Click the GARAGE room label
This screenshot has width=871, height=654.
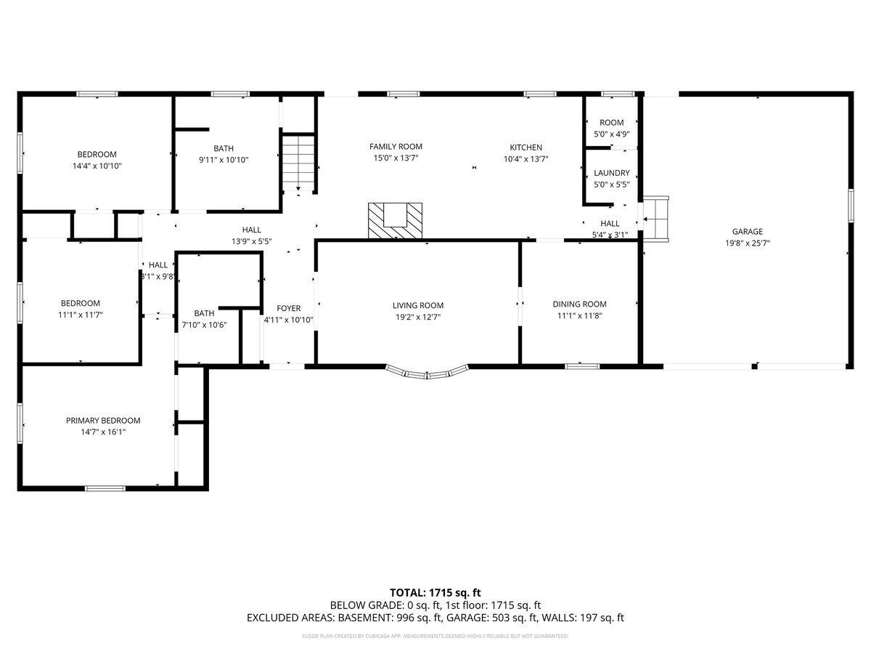[x=747, y=232]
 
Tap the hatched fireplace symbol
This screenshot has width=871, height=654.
[x=394, y=220]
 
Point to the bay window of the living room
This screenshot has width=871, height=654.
[x=427, y=374]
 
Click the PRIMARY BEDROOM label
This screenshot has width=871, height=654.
[x=103, y=420]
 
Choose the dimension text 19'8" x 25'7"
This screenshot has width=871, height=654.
[x=747, y=243]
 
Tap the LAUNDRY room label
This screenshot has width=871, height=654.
[x=611, y=173]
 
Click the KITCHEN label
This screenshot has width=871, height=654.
[x=526, y=148]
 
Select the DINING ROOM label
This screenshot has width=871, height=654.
[x=579, y=304]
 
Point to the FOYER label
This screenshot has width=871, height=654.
[x=288, y=308]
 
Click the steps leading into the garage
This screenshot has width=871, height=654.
[x=657, y=217]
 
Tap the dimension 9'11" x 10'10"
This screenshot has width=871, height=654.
[x=224, y=160]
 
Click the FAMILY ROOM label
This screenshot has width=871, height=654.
[x=396, y=147]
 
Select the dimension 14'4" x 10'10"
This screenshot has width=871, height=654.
[x=97, y=166]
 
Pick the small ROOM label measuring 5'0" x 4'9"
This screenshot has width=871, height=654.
[x=611, y=123]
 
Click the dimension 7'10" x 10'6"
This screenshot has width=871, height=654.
[x=204, y=325]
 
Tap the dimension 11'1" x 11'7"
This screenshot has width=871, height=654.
[x=80, y=315]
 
